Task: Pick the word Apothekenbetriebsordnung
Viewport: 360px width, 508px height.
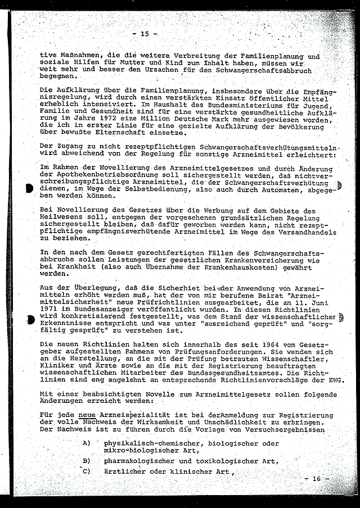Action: click(99, 175)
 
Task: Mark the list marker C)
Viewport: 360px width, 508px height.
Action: click(86, 471)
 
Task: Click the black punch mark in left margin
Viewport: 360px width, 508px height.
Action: click(29, 189)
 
